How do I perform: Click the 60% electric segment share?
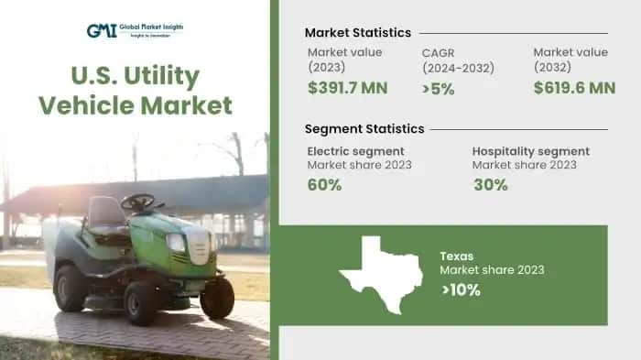(x=325, y=185)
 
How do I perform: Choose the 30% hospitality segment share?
(x=490, y=185)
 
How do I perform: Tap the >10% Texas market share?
(x=461, y=290)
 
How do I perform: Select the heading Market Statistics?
(x=357, y=33)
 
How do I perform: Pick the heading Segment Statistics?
(x=364, y=128)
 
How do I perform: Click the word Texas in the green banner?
(x=457, y=256)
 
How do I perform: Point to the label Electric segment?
(x=355, y=151)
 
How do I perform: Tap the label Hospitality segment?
(x=530, y=151)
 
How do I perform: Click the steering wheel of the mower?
(x=138, y=201)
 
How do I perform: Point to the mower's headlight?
(x=174, y=243)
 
